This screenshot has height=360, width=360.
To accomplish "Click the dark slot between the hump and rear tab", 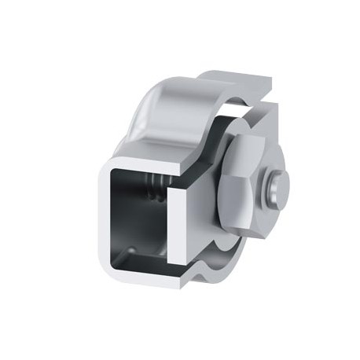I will point(236,110).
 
